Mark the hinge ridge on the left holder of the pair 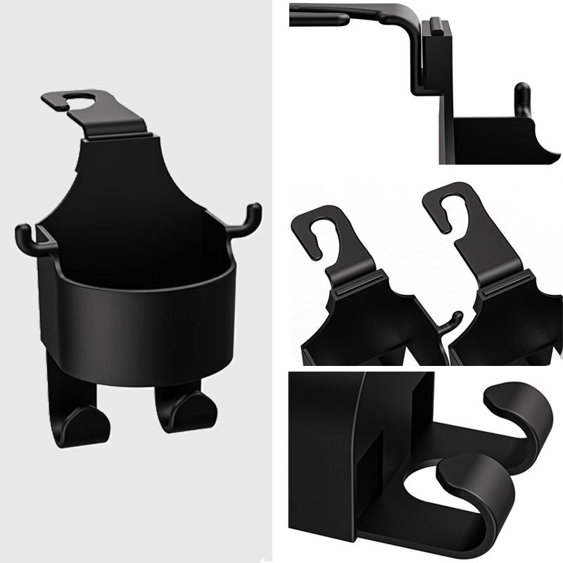355,285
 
